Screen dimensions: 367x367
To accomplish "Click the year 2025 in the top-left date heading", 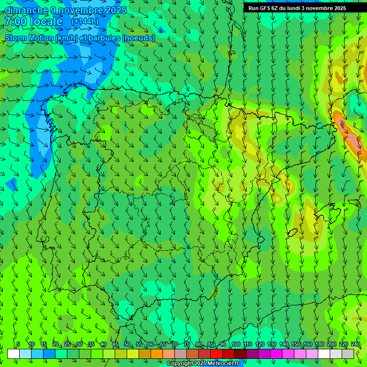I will point(114,10).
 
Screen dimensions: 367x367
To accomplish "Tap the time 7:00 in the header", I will point(15,22).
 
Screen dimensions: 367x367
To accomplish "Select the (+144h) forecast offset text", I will point(85,22).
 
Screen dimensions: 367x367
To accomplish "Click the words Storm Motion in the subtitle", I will point(29,38).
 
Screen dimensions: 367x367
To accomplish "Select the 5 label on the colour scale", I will point(18,344).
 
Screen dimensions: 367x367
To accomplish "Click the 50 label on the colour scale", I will point(127,344).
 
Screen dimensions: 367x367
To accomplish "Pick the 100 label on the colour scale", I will point(236,344).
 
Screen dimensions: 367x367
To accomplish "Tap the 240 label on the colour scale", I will point(356,344).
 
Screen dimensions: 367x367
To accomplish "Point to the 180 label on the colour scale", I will point(320,344).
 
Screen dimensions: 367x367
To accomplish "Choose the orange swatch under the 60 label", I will point(145,354).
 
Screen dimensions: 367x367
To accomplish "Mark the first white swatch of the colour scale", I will point(13,354).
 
